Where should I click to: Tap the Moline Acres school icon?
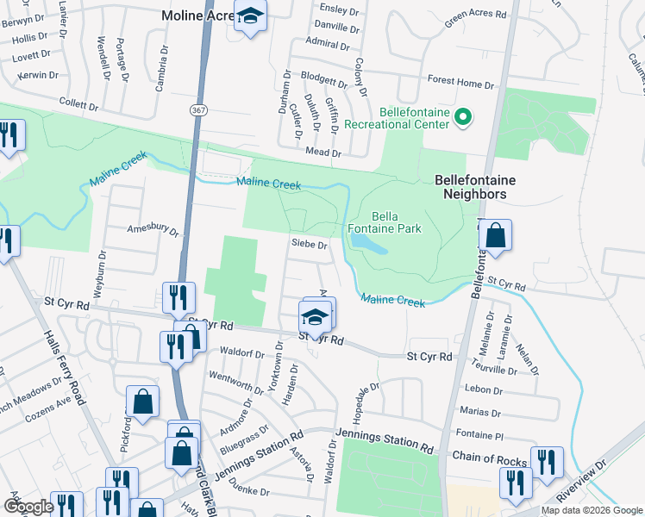(x=251, y=17)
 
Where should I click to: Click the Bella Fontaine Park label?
(x=397, y=222)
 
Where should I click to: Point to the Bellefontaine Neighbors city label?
(x=470, y=187)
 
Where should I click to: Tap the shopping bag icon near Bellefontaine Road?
(x=496, y=236)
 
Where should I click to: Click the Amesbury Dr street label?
(x=153, y=232)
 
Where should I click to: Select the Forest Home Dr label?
(x=460, y=84)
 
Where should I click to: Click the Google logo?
(x=28, y=506)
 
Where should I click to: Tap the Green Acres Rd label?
(x=475, y=16)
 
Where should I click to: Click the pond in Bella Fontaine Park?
(x=370, y=246)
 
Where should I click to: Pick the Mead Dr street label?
(x=324, y=153)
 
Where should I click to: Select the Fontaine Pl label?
(x=482, y=436)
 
